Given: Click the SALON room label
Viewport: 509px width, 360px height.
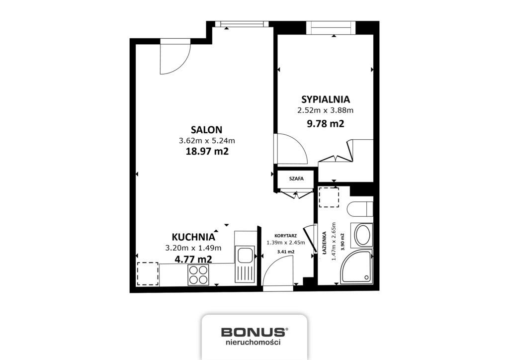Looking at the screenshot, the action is point(206,130).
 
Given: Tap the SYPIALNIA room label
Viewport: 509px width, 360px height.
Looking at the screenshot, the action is point(326,99).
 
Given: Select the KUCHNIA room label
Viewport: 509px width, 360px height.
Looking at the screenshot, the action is point(193,237).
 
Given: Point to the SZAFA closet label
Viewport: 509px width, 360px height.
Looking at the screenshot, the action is point(296,179).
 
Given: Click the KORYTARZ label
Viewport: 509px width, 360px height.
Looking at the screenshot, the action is point(285,236).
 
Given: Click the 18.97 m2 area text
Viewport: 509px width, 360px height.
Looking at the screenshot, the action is point(207,151).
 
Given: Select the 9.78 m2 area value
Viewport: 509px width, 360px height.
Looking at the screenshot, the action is point(326,124).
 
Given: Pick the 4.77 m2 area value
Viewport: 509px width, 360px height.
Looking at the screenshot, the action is point(193,259).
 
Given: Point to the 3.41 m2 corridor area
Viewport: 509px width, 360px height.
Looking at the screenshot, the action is point(286,252).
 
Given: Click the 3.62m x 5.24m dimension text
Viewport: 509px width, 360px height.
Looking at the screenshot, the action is point(207,141).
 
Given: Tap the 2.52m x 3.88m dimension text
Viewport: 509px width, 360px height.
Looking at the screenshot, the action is point(326,110).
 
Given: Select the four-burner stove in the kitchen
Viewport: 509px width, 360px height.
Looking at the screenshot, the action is point(198,274).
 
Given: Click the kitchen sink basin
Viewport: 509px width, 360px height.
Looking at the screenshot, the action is point(245,255).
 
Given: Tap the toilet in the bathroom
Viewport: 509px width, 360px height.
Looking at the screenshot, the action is point(360,209).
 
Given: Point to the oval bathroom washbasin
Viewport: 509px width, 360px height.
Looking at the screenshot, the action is point(362,235).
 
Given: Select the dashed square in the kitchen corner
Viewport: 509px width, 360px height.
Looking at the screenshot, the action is point(148,273).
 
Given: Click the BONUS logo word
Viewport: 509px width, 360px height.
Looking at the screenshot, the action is point(254,332).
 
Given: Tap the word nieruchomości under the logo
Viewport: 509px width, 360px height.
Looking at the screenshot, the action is point(253,342).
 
